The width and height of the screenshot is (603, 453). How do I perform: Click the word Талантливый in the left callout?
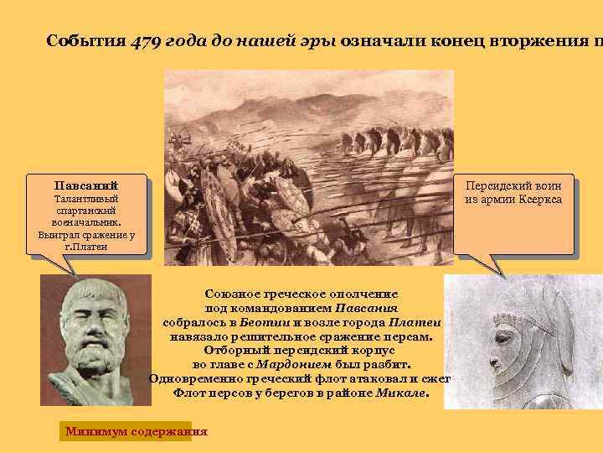pos(86,199)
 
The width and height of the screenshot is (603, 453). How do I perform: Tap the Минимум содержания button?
pos(136,432)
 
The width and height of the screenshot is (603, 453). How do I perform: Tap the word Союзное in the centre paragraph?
pos(232,294)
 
